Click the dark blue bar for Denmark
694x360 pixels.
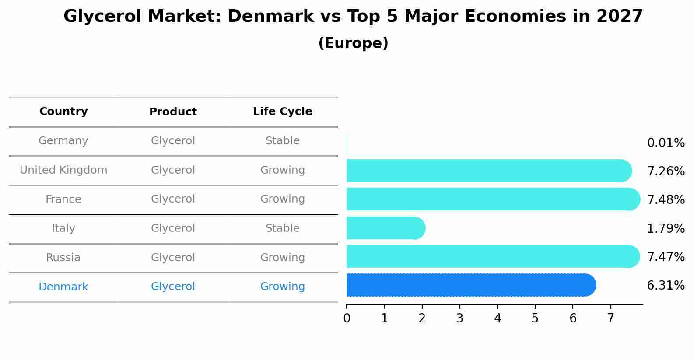click(470, 285)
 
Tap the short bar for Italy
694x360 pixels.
click(385, 228)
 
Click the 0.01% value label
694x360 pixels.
click(665, 143)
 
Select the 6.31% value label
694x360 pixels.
click(665, 286)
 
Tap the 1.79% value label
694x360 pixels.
click(665, 228)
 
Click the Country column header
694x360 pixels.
click(63, 112)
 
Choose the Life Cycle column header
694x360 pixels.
click(282, 112)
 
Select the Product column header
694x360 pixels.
click(173, 112)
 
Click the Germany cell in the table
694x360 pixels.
click(63, 141)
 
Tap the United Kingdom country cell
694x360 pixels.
click(63, 170)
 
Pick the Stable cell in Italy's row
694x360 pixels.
click(282, 228)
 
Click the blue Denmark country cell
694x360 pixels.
click(63, 287)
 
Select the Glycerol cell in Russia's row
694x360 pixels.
click(173, 258)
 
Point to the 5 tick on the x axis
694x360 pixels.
click(535, 318)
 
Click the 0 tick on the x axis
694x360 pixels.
click(347, 318)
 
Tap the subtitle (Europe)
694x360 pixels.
click(353, 43)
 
